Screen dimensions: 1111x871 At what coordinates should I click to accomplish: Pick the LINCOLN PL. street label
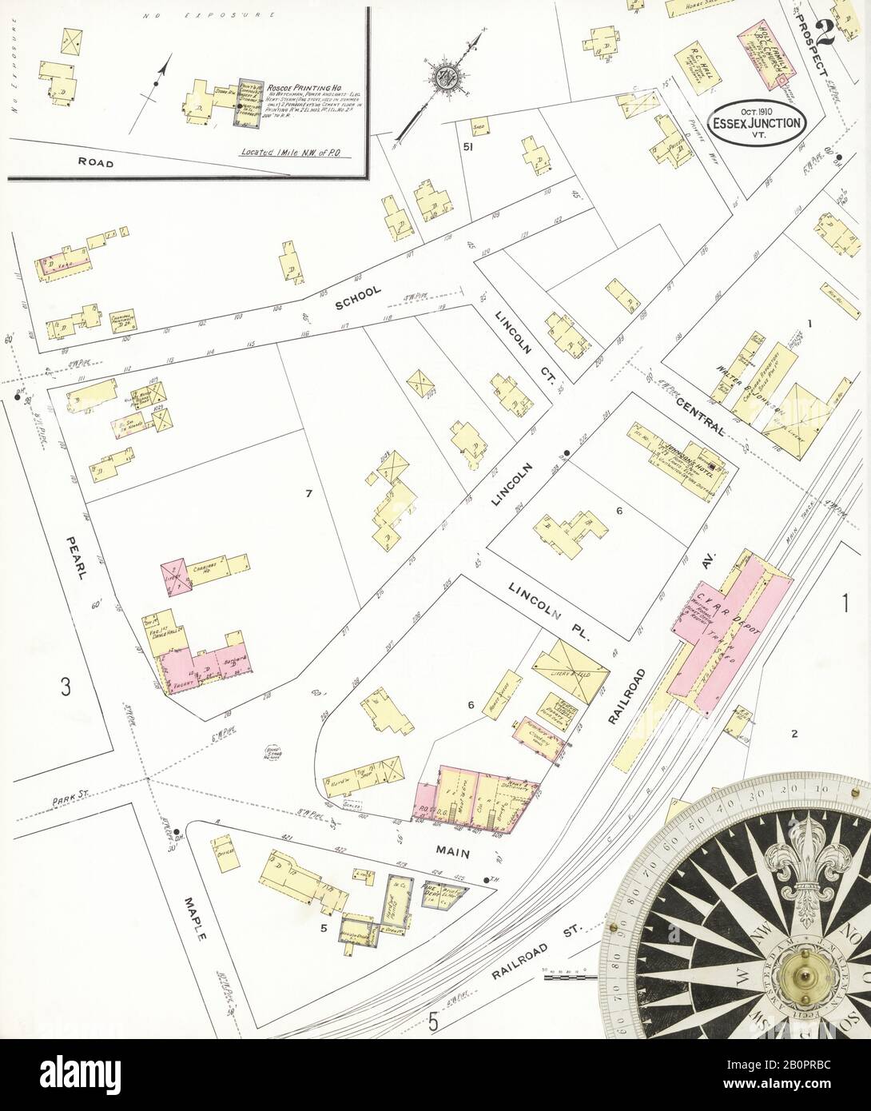pyautogui.click(x=549, y=611)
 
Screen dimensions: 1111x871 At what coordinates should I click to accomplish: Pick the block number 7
pyautogui.click(x=308, y=493)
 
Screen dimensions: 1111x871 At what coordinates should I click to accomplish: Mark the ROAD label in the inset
pyautogui.click(x=97, y=162)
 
